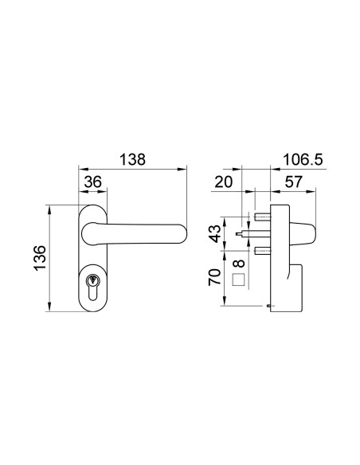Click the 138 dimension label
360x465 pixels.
(132, 159)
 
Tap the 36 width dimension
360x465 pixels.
(93, 182)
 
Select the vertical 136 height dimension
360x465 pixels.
(41, 257)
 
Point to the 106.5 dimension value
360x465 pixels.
(303, 159)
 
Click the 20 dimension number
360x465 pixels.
(224, 182)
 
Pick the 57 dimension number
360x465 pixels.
(293, 182)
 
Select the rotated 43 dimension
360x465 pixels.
(215, 233)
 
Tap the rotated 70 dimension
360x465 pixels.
(215, 277)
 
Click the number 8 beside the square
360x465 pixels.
(239, 264)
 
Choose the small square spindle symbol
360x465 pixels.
(239, 279)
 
